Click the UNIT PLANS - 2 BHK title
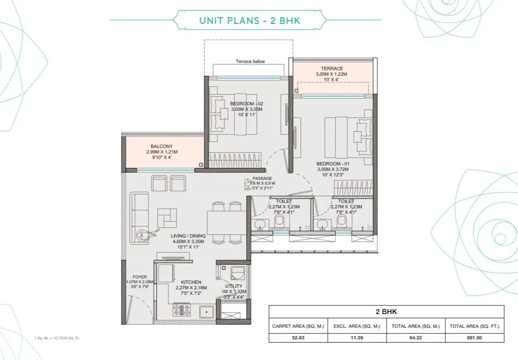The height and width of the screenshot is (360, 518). [x=250, y=21]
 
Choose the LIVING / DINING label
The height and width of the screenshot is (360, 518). [x=188, y=236]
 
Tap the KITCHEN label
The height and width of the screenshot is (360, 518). [x=191, y=282]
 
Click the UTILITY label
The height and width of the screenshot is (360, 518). [x=234, y=286]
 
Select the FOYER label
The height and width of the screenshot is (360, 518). [x=139, y=277]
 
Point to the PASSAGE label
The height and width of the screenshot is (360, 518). [x=262, y=178]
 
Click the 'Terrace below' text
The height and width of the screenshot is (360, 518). [x=250, y=62]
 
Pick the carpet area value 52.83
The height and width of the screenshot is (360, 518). [x=298, y=338]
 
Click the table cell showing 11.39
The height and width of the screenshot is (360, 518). [x=357, y=338]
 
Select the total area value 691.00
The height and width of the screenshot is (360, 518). [x=475, y=338]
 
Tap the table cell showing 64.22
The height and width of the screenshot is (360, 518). [x=416, y=338]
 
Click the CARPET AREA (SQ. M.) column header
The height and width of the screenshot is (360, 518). [x=298, y=326]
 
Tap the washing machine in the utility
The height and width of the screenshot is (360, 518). [x=239, y=274]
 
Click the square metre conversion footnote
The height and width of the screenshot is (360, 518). [x=58, y=338]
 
